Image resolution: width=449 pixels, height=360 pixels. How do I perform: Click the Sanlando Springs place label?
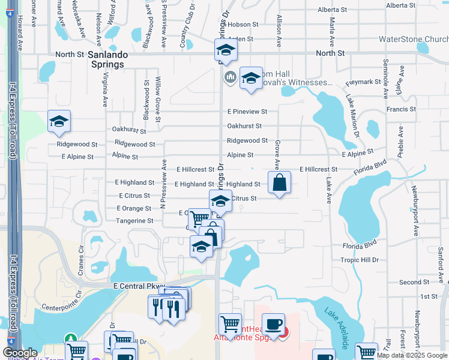tap(106, 59)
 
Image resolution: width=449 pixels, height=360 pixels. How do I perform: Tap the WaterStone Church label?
tap(413, 40)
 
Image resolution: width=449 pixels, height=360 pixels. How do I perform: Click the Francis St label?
tap(401, 109)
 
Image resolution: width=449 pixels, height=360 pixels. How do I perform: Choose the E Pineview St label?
tap(247, 112)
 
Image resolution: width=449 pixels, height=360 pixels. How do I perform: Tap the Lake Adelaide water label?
tap(337, 329)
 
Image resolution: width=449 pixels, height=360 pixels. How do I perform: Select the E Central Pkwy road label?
tap(139, 287)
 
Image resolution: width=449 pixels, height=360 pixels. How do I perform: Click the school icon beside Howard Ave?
tap(59, 121)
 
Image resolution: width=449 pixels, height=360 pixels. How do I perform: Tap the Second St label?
tap(414, 282)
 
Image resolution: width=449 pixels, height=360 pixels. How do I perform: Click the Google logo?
tap(20, 353)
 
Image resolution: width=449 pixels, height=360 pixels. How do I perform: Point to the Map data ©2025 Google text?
tap(411, 355)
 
